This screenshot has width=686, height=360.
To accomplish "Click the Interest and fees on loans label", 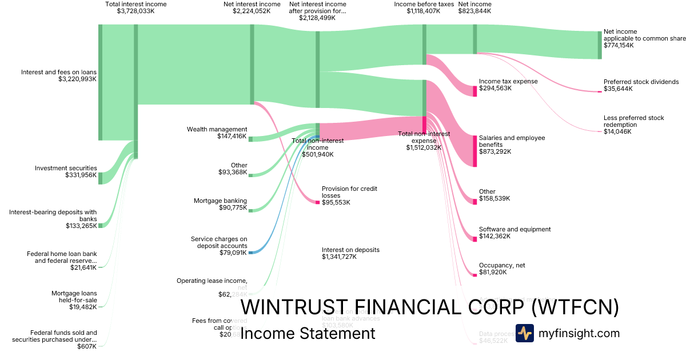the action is (x=59, y=72).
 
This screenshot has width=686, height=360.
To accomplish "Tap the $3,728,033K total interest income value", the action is (x=135, y=11).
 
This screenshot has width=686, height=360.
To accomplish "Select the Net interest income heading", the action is (x=252, y=4).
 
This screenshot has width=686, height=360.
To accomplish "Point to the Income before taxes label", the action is (x=424, y=4).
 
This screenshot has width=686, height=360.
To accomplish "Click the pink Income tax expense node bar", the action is (x=474, y=91).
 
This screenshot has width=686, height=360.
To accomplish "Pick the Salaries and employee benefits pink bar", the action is (x=474, y=151).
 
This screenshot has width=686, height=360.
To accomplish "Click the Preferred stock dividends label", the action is (x=641, y=82).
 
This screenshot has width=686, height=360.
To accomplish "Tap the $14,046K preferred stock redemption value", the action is (x=617, y=131).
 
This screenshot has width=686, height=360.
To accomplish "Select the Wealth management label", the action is (x=217, y=129).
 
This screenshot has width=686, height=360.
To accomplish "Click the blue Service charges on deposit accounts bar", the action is (x=250, y=252).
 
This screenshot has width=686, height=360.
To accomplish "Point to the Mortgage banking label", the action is (x=220, y=201).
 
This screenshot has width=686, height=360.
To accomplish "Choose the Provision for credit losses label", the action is (x=349, y=191).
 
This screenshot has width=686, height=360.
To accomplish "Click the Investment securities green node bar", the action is (x=100, y=178).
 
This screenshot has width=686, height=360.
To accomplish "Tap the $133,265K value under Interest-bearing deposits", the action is (x=81, y=226).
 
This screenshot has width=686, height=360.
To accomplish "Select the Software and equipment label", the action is (x=514, y=229).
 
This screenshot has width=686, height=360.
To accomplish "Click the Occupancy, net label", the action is (x=501, y=265).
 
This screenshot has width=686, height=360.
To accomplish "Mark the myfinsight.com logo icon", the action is (x=524, y=333).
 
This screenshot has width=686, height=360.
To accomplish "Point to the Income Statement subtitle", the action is (x=308, y=333).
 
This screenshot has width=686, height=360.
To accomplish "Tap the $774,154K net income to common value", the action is (x=619, y=45).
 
